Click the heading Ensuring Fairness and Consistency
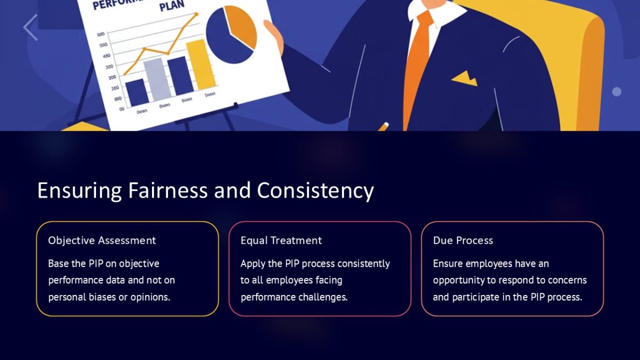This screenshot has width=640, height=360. click(205, 191)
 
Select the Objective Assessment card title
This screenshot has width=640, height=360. click(102, 241)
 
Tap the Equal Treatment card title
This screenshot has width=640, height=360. click(281, 241)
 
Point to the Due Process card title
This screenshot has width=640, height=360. click(463, 241)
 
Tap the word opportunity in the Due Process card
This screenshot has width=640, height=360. click(458, 280)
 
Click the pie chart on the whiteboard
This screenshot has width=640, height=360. click(230, 35)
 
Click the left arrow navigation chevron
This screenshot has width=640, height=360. click(30, 27)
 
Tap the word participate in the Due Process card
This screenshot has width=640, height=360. click(476, 297)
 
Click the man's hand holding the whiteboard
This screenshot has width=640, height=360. click(274, 37)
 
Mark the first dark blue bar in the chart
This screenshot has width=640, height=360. click(137, 92)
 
